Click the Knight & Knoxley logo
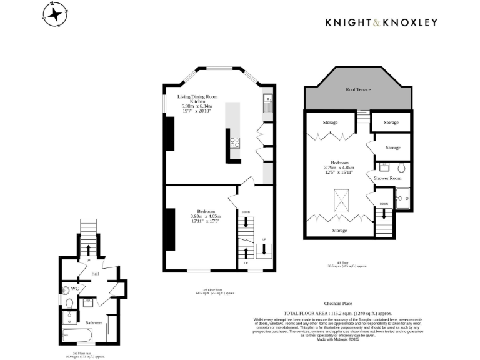pos(381,22)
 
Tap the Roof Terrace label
pos(358,90)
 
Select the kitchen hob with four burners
pos(236,142)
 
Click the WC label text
pos(74,289)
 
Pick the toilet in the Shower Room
pos(401,168)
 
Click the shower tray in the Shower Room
pos(403,199)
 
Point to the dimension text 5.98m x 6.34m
pos(197,106)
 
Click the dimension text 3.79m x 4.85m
pos(339,167)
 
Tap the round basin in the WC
pos(66,289)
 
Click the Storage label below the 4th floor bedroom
pos(340,231)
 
